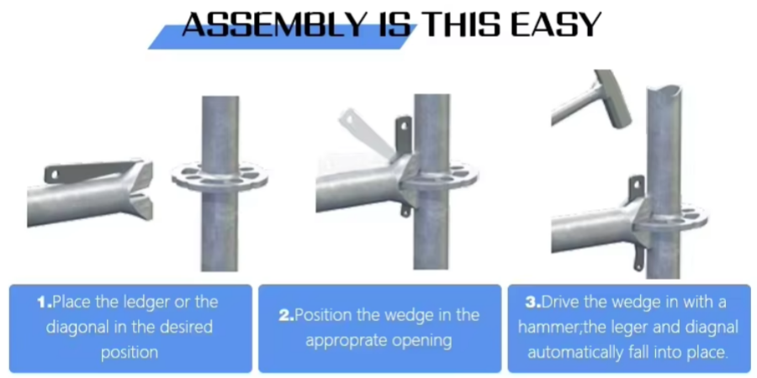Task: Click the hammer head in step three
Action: tap(613, 98)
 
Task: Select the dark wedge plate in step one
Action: tap(91, 171)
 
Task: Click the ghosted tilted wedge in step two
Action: tap(365, 134)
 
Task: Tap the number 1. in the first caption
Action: tap(45, 302)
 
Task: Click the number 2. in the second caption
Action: tap(286, 315)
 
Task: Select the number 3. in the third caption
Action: tap(533, 302)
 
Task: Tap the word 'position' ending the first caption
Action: tap(130, 353)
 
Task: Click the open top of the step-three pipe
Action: tap(664, 90)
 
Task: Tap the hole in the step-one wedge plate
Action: tap(54, 174)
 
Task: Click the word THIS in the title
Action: tap(453, 24)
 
